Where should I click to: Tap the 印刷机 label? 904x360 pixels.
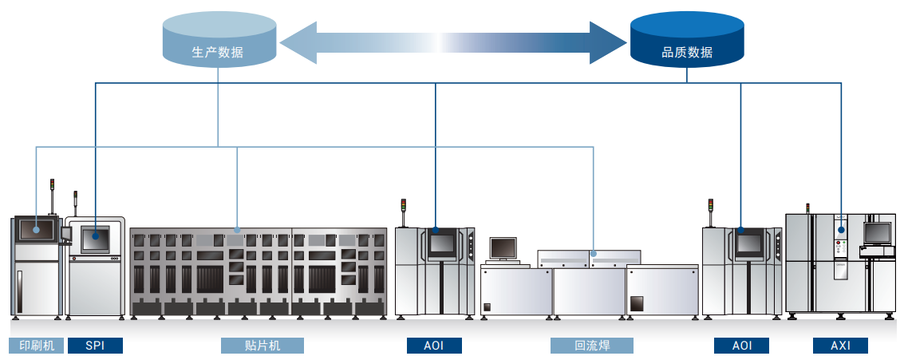(x=36, y=346)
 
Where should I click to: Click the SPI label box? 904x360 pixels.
(x=95, y=346)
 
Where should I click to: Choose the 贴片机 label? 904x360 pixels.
(x=263, y=346)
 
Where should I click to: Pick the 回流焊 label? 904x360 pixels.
(x=592, y=346)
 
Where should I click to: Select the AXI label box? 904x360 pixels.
(x=840, y=346)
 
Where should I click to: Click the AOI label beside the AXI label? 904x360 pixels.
(x=742, y=346)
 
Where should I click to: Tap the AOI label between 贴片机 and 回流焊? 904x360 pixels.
(x=436, y=346)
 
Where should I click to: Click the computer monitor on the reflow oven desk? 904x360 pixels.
(x=503, y=248)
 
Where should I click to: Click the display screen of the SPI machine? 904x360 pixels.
(x=95, y=238)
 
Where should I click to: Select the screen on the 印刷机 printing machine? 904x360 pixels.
(x=37, y=229)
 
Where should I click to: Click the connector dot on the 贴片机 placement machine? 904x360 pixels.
(x=237, y=230)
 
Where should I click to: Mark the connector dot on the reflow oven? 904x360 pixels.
(x=593, y=254)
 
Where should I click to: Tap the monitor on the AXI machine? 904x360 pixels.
(x=877, y=232)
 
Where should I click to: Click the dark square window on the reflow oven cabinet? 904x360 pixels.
(x=637, y=303)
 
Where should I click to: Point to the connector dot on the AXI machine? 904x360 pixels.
(x=840, y=231)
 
